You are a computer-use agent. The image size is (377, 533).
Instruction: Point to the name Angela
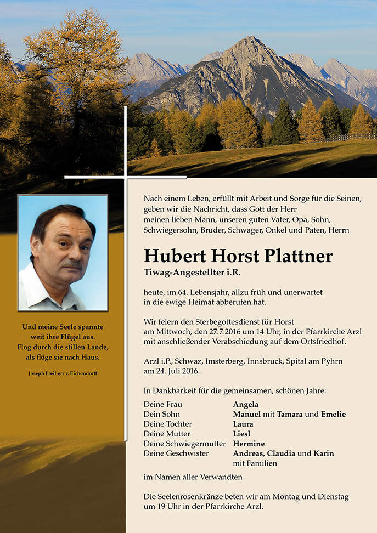tap(246, 405)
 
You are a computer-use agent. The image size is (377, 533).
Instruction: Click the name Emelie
tap(333, 415)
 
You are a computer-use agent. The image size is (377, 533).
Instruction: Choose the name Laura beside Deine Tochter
tap(243, 424)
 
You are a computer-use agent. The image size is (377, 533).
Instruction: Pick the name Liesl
tap(242, 434)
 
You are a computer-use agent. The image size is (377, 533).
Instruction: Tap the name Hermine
tap(249, 444)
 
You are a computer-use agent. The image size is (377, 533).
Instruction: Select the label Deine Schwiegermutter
tap(184, 444)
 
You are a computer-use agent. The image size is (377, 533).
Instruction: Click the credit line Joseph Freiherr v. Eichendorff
tap(63, 373)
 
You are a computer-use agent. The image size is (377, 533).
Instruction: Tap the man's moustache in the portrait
tap(71, 265)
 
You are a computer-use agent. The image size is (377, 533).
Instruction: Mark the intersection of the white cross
tap(126, 177)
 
